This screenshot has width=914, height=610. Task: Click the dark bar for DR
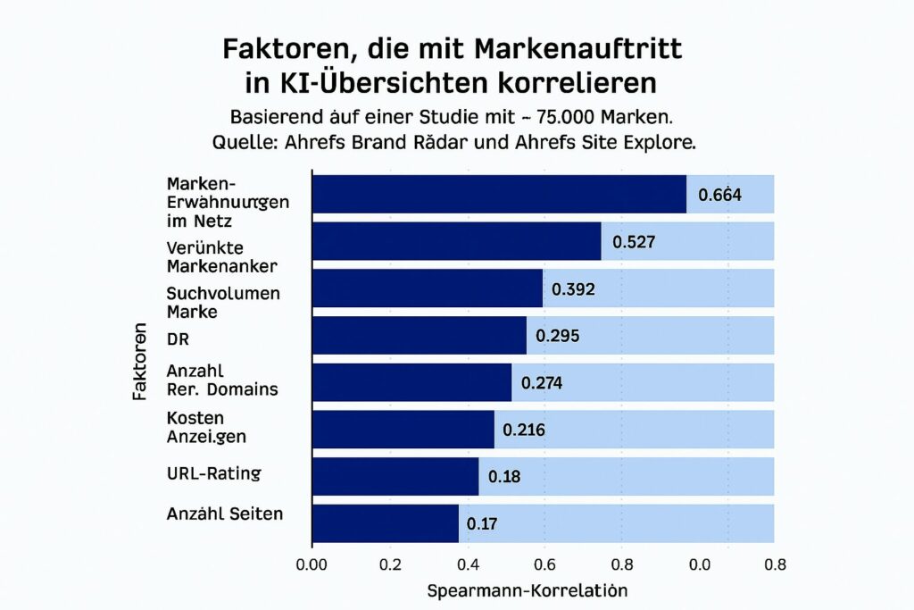tap(419, 336)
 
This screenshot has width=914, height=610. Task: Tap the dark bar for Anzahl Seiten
tap(385, 523)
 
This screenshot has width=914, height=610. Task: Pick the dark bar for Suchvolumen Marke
tap(427, 288)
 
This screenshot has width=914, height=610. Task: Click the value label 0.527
tap(634, 242)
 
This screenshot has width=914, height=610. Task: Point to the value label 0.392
tap(573, 289)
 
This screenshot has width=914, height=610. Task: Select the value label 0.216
tap(524, 430)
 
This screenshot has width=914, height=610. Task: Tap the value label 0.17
tap(482, 523)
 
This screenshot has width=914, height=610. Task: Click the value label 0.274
tap(541, 383)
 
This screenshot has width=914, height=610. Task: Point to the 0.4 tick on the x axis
tap(466, 564)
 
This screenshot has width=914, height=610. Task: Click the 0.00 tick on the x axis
tap(312, 564)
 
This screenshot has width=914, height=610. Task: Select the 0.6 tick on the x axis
tap(544, 564)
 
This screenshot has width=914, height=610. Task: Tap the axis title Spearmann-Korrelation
tap(527, 590)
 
